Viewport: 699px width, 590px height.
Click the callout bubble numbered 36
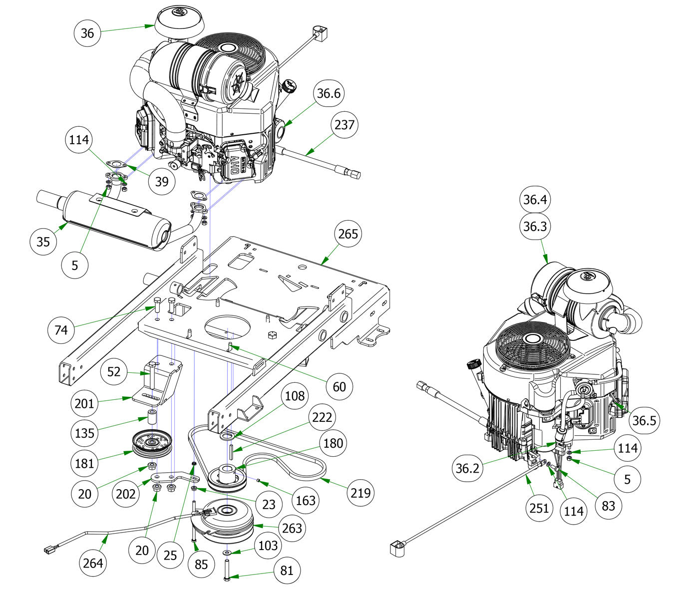(87, 33)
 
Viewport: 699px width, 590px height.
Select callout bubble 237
(345, 124)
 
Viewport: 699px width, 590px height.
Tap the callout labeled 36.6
(329, 93)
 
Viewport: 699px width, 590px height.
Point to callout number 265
(348, 234)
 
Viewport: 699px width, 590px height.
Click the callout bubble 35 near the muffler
(43, 242)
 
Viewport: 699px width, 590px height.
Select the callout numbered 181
(84, 463)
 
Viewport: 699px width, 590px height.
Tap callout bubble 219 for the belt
(360, 493)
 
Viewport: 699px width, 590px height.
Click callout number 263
(292, 528)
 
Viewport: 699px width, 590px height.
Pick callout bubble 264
(93, 563)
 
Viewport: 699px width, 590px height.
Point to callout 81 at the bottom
(287, 570)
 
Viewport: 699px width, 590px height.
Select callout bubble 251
(539, 508)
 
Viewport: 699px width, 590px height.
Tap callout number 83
(608, 506)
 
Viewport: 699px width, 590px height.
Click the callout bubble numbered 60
(339, 386)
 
